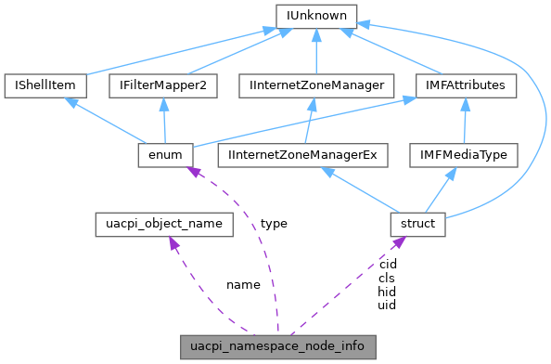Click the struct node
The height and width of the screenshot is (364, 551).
418,224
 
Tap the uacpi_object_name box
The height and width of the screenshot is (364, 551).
164,224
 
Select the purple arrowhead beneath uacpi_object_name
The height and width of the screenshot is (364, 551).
173,244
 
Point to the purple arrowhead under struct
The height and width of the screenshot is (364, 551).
397,243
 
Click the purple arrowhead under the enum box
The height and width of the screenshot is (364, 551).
192,173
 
